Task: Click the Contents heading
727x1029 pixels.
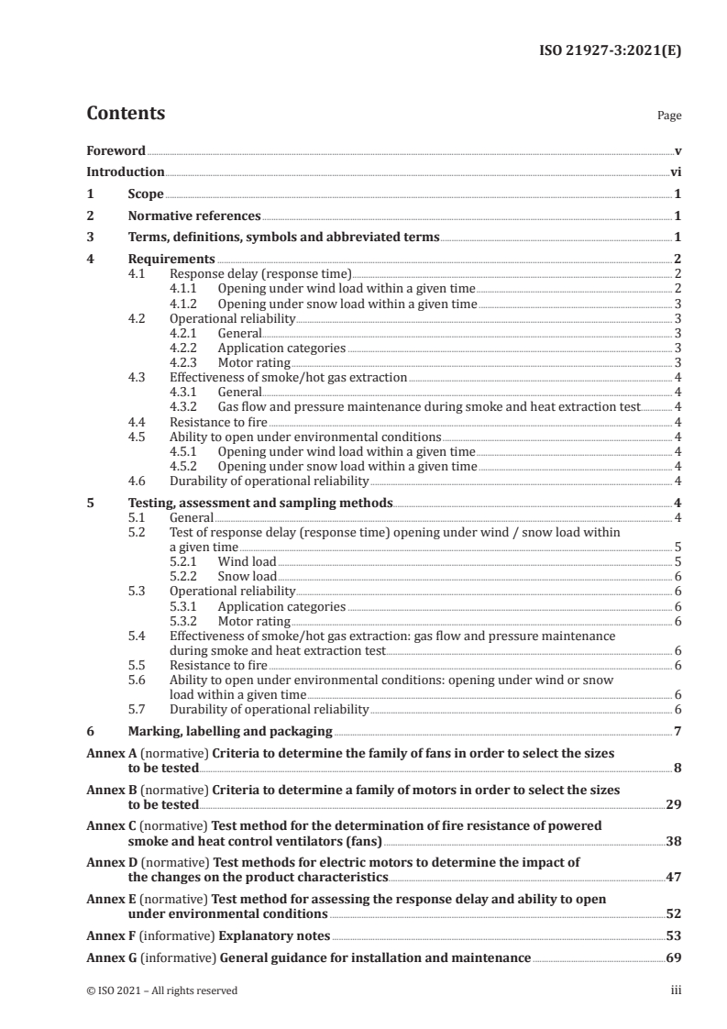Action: pos(126,114)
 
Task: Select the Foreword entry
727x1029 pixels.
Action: pos(116,150)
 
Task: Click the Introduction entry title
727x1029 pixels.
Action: pos(126,171)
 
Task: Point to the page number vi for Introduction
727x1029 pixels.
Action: pos(676,171)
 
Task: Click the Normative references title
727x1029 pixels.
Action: pos(194,216)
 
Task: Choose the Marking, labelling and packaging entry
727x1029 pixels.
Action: pos(229,732)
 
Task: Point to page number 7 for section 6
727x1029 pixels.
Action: pos(677,732)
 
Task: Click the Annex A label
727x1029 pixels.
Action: pos(105,752)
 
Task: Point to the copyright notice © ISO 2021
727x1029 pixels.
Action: pos(161,990)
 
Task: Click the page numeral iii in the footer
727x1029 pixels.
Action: pos(676,990)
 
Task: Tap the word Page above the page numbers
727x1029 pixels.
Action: pos(669,116)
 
